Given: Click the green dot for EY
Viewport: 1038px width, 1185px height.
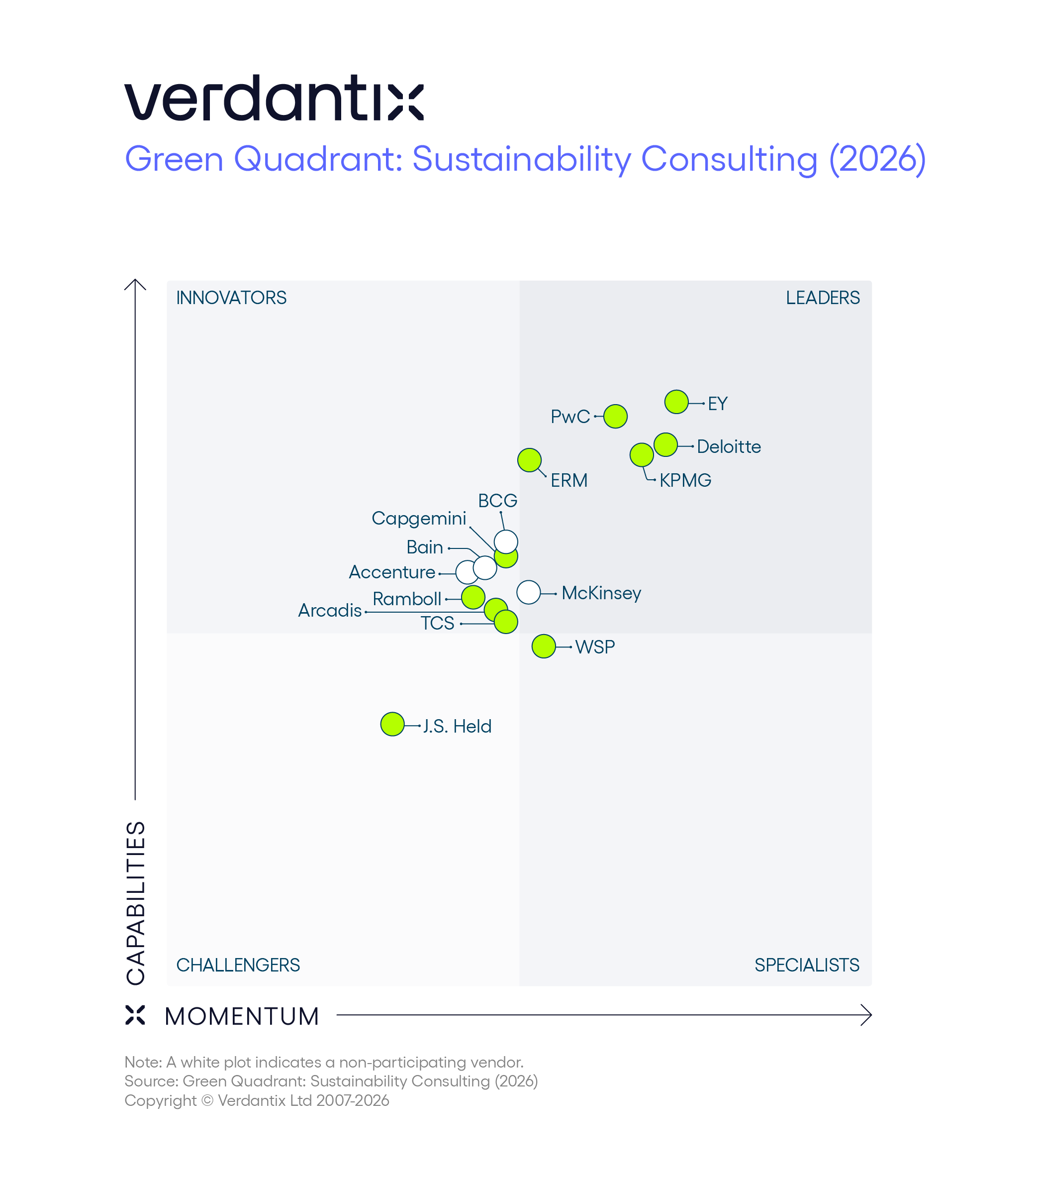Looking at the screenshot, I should pyautogui.click(x=676, y=402).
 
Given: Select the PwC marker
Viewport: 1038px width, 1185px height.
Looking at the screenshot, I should pyautogui.click(x=615, y=416).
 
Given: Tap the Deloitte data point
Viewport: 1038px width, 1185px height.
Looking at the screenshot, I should pyautogui.click(x=665, y=444).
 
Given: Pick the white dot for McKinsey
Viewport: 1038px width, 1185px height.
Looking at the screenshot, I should pyautogui.click(x=528, y=592).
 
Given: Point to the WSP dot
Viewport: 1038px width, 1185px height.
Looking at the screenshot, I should pyautogui.click(x=543, y=646).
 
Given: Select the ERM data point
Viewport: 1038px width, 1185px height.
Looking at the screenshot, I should pyautogui.click(x=529, y=460).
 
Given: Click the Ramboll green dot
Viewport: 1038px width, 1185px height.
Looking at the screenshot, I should pyautogui.click(x=472, y=597).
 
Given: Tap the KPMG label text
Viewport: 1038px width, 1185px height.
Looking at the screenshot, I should pyautogui.click(x=685, y=480).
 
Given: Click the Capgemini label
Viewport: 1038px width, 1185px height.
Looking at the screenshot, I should pyautogui.click(x=419, y=518).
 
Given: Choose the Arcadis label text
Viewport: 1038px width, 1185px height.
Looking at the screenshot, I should pyautogui.click(x=330, y=610).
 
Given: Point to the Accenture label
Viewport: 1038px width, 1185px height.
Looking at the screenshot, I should pyautogui.click(x=391, y=572).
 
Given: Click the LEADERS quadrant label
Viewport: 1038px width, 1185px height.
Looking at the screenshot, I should pyautogui.click(x=822, y=298).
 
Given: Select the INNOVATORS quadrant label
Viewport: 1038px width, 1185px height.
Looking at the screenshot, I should pyautogui.click(x=231, y=298).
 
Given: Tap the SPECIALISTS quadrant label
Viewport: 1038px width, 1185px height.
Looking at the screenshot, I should pyautogui.click(x=806, y=965).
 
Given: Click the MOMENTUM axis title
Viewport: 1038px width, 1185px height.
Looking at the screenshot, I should pyautogui.click(x=242, y=1016).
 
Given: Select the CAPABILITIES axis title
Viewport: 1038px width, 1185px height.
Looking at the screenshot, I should pyautogui.click(x=136, y=902).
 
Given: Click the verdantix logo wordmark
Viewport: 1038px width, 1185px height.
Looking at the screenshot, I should pyautogui.click(x=274, y=98).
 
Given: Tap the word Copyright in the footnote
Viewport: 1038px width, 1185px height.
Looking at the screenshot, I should pyautogui.click(x=161, y=1100).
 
